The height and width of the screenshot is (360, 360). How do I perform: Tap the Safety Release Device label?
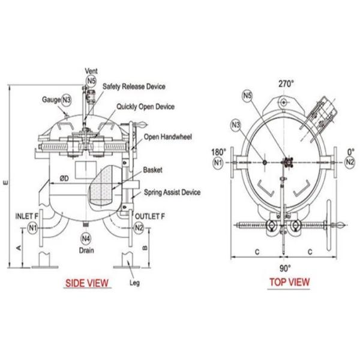click(133, 86)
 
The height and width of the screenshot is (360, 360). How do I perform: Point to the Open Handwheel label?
click(167, 137)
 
